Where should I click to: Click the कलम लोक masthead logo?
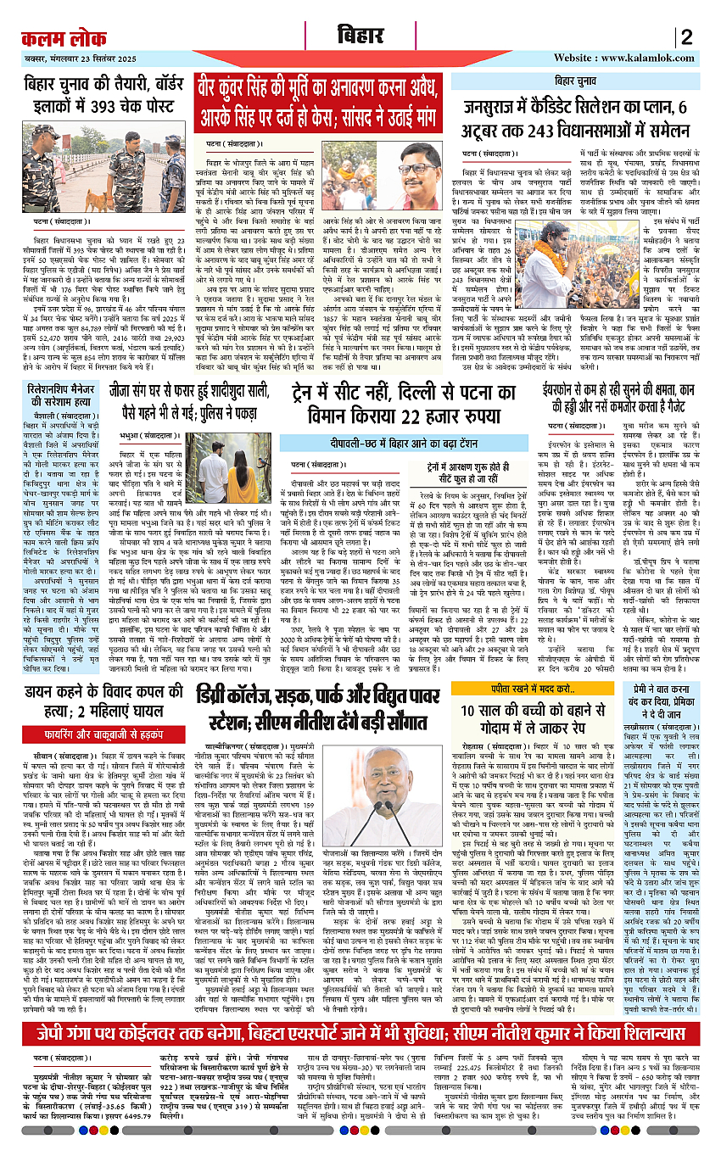[x=63, y=37]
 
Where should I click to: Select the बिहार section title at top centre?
[x=359, y=37]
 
